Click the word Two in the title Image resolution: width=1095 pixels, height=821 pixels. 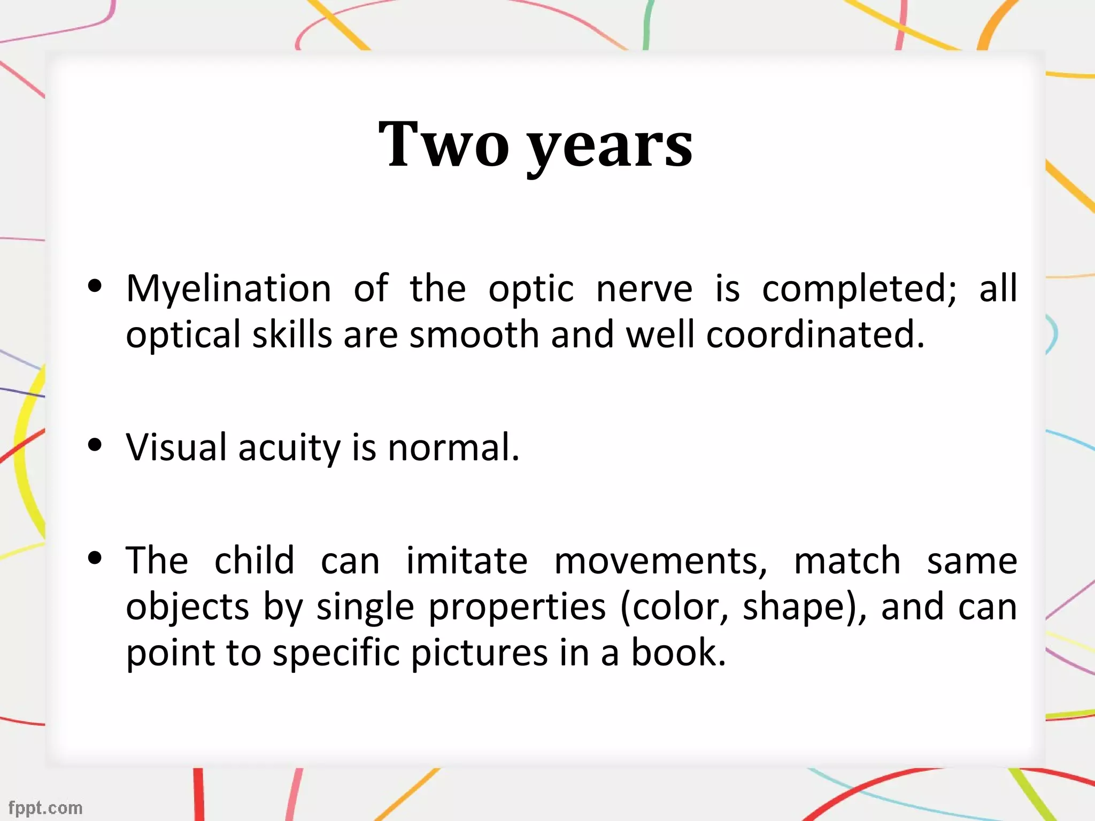443,144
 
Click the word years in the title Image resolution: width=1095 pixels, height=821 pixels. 610,147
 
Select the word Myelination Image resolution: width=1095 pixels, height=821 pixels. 228,289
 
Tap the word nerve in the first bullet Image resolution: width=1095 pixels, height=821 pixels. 644,289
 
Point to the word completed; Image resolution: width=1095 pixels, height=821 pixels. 859,289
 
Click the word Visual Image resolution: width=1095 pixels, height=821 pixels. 176,447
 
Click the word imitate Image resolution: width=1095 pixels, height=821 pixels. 467,561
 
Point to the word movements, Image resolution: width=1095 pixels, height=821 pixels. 661,562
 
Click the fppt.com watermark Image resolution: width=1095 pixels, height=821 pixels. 45,808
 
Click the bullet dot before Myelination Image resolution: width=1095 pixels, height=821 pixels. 95,286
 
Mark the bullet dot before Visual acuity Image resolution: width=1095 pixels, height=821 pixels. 95,445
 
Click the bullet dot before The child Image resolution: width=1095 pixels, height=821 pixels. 95,558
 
